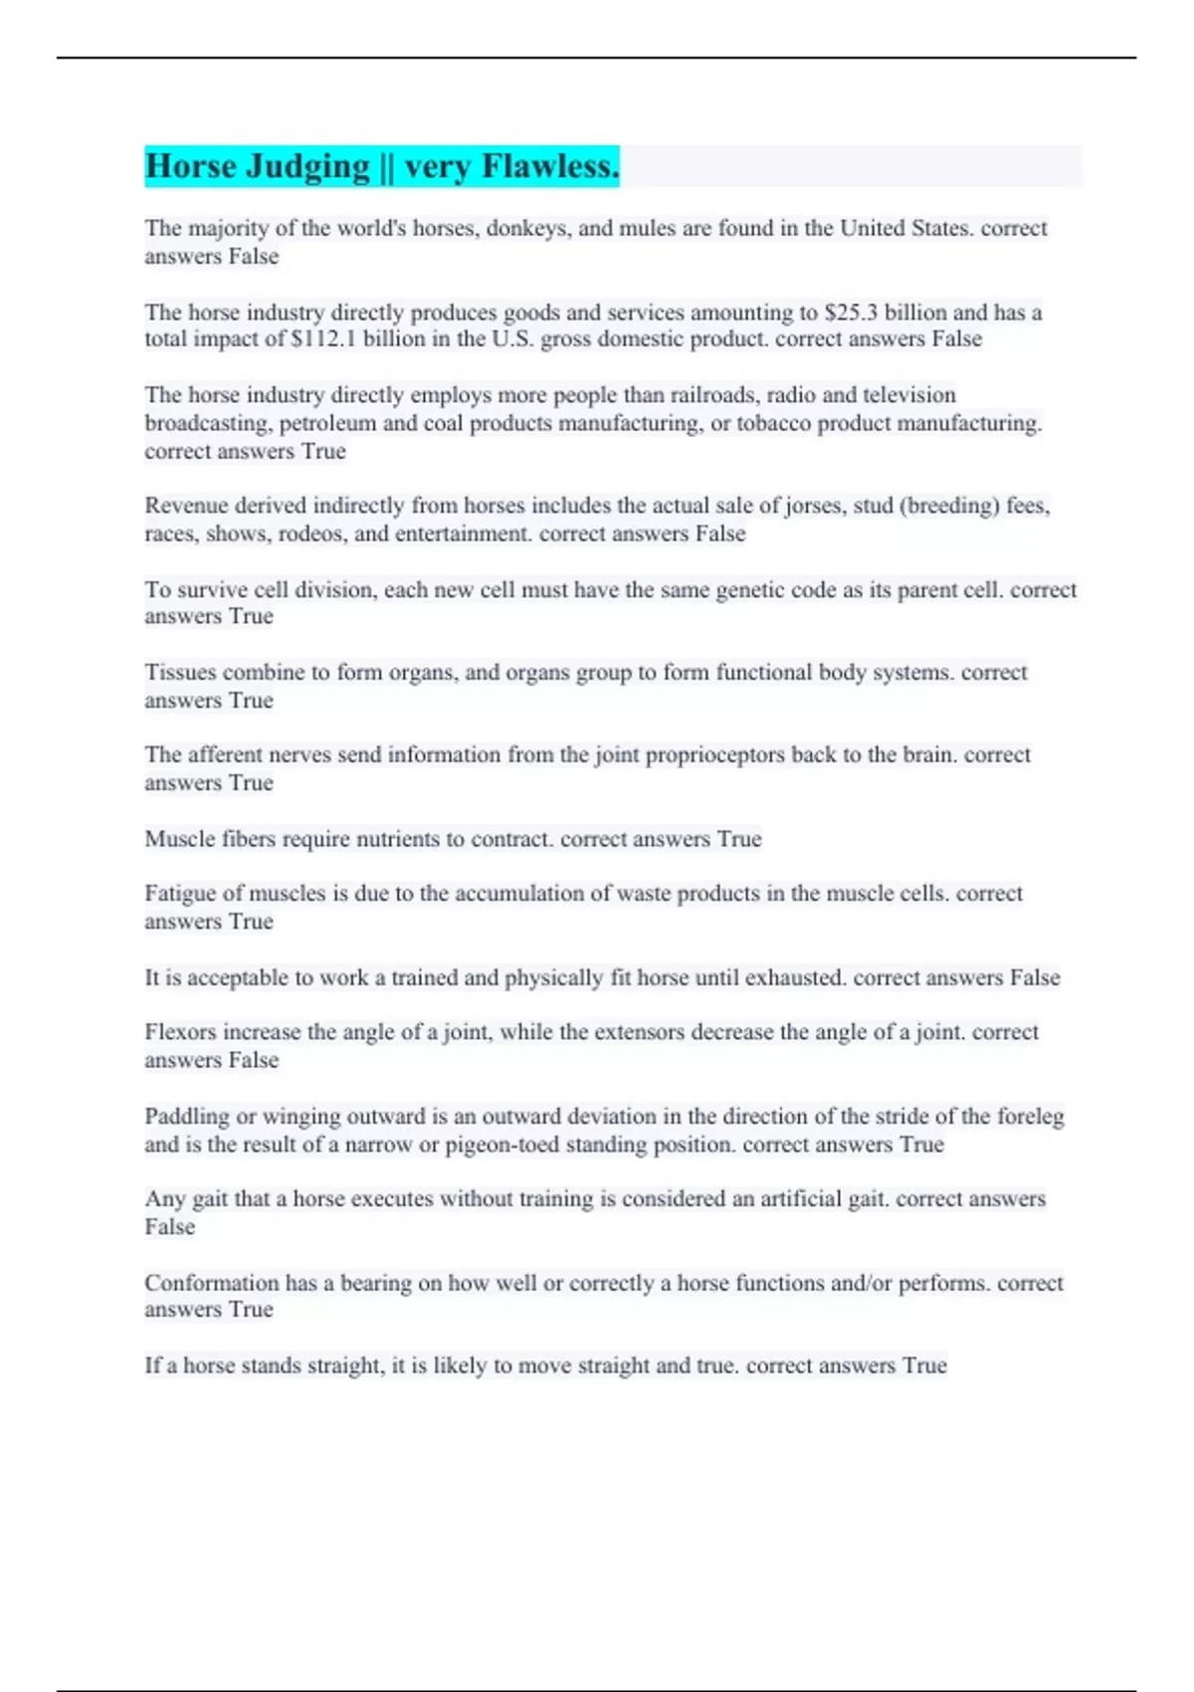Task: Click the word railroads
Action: coord(708,395)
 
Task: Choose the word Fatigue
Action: coord(180,894)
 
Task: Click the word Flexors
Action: coord(180,1032)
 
